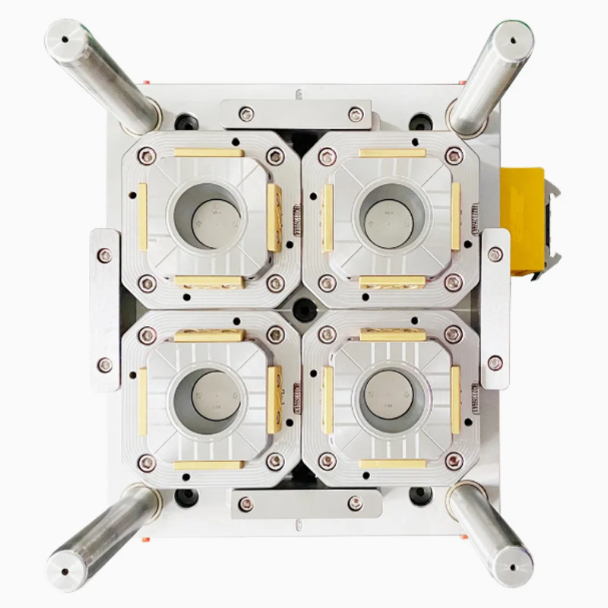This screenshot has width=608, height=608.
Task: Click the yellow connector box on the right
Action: tap(527, 222)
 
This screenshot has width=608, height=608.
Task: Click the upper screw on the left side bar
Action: tap(105, 255)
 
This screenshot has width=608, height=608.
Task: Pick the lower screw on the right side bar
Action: tap(495, 363)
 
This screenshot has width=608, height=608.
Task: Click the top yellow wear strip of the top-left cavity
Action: tap(208, 153)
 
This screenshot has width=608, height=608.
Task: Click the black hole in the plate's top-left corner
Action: tap(185, 121)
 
